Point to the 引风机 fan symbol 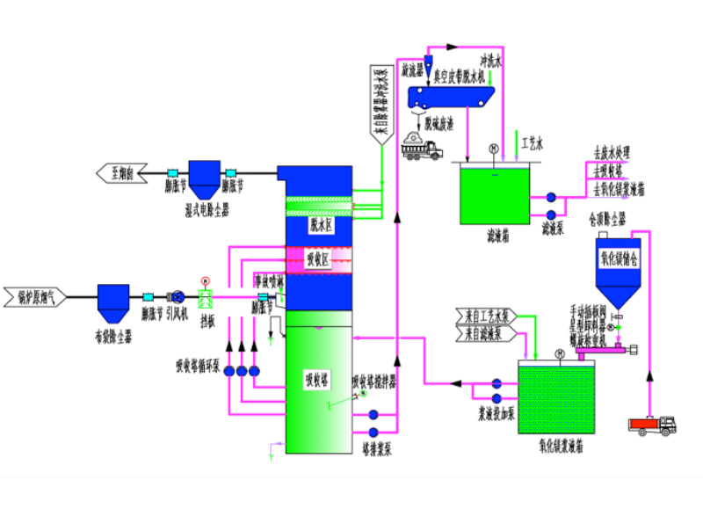[x=178, y=297]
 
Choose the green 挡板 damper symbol [x=207, y=299]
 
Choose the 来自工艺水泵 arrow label [x=488, y=316]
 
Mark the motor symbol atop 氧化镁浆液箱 [x=560, y=354]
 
